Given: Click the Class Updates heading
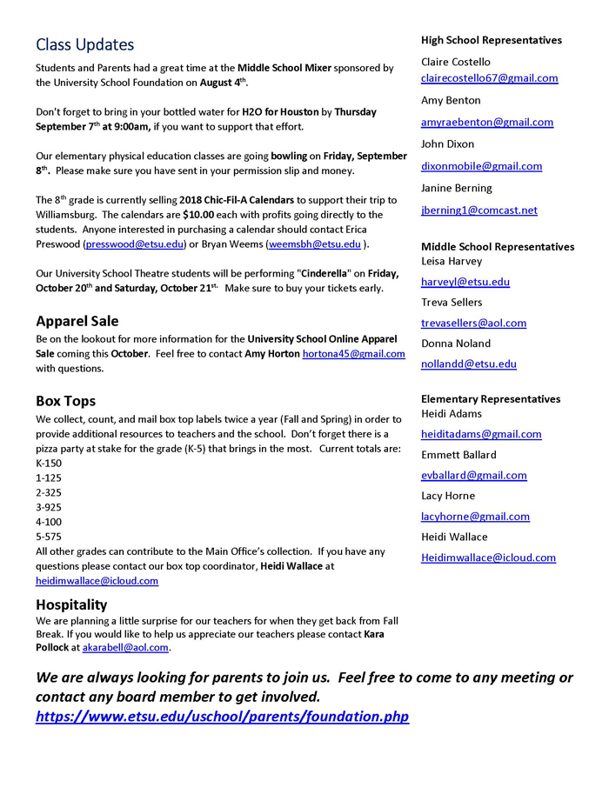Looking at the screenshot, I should (x=85, y=44).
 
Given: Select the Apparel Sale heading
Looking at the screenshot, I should (x=77, y=321).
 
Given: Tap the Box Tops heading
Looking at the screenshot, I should (x=66, y=401).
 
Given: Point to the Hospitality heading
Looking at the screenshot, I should (x=71, y=604).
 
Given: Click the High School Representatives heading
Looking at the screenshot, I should (x=492, y=40).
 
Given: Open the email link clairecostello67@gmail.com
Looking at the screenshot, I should (x=489, y=78).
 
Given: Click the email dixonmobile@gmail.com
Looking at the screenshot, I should (x=481, y=166).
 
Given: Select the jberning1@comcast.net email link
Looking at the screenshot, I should (x=479, y=210).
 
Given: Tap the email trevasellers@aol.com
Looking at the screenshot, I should (x=473, y=324).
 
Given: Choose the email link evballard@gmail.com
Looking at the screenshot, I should (x=473, y=476).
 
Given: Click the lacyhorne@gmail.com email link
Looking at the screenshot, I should (x=475, y=517).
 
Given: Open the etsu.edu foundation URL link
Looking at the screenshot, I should (x=222, y=718).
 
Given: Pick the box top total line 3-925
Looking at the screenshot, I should (x=49, y=506).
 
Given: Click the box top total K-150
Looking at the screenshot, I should (x=49, y=463).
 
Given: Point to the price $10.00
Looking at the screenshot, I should (x=198, y=215).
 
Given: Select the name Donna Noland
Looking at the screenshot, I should (x=456, y=344).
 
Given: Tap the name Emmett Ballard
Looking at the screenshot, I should (x=458, y=455).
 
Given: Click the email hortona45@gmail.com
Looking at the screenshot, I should (x=353, y=354).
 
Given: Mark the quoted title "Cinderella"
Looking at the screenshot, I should (x=325, y=274).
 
